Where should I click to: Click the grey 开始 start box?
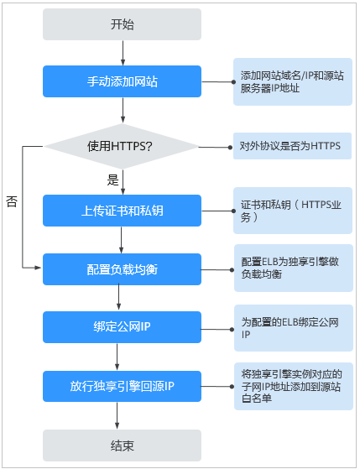coord(122,24)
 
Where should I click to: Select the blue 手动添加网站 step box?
coord(122,81)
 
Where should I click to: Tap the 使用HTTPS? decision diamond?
coord(122,146)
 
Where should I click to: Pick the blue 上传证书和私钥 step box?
coord(122,211)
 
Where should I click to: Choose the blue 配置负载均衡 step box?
coord(122,269)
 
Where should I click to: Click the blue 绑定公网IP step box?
coord(122,327)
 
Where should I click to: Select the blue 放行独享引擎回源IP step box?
coord(122,386)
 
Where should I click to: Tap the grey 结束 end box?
coord(122,446)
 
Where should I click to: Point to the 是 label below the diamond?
coord(112,180)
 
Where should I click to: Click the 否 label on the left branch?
coord(12,201)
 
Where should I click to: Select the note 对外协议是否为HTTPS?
coord(292,146)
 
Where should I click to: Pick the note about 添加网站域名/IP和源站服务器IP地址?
coord(293,81)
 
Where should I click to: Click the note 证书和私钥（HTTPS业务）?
coord(293,211)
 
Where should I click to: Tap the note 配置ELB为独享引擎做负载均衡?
coord(294,268)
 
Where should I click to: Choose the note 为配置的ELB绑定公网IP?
coord(294,328)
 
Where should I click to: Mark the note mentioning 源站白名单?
coord(294,386)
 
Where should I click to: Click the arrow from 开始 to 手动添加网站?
coord(123,53)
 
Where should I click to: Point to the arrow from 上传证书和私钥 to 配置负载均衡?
coord(121,240)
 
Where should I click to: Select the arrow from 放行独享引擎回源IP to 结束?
coord(117,416)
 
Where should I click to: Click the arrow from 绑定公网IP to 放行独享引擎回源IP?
coord(117,357)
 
